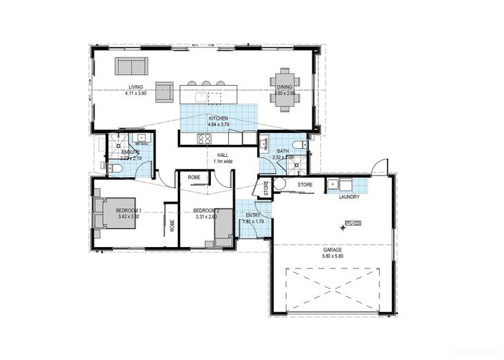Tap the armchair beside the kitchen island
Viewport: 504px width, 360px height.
tap(165, 91)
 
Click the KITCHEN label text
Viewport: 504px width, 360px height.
tap(218, 117)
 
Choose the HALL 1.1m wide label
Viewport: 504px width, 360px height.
tap(222, 158)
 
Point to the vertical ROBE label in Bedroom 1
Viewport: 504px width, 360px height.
tap(172, 224)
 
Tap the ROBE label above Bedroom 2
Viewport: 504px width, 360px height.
tap(194, 177)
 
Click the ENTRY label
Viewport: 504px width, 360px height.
tap(253, 215)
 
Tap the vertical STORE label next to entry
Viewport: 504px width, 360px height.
tap(266, 189)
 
